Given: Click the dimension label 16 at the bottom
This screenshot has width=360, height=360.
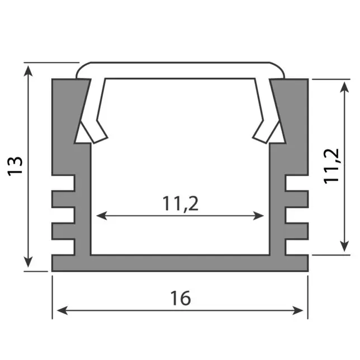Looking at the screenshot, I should click(x=180, y=298).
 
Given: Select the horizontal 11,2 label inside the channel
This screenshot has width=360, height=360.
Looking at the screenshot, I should click(x=181, y=204).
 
